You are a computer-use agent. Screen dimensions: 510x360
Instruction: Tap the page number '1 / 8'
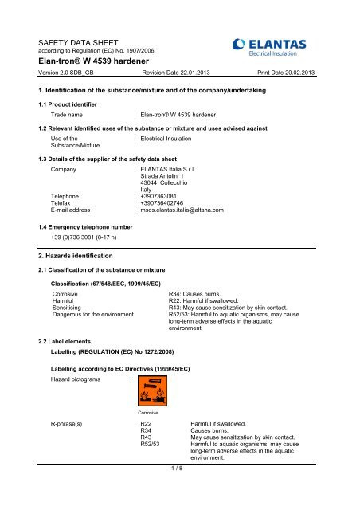coord(179,499)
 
